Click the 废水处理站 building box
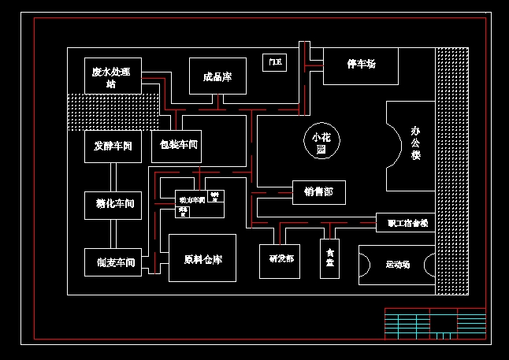(x=113, y=76)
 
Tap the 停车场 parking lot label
(x=361, y=64)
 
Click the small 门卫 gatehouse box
(x=274, y=62)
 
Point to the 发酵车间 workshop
(x=113, y=147)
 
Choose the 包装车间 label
(x=178, y=145)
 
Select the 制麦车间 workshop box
(x=113, y=262)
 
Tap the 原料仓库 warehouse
(x=202, y=258)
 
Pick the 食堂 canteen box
(x=330, y=259)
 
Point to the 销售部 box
(x=318, y=191)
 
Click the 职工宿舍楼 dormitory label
(x=406, y=223)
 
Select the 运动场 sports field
(x=397, y=265)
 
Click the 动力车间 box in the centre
(x=191, y=200)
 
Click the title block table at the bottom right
(x=434, y=324)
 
